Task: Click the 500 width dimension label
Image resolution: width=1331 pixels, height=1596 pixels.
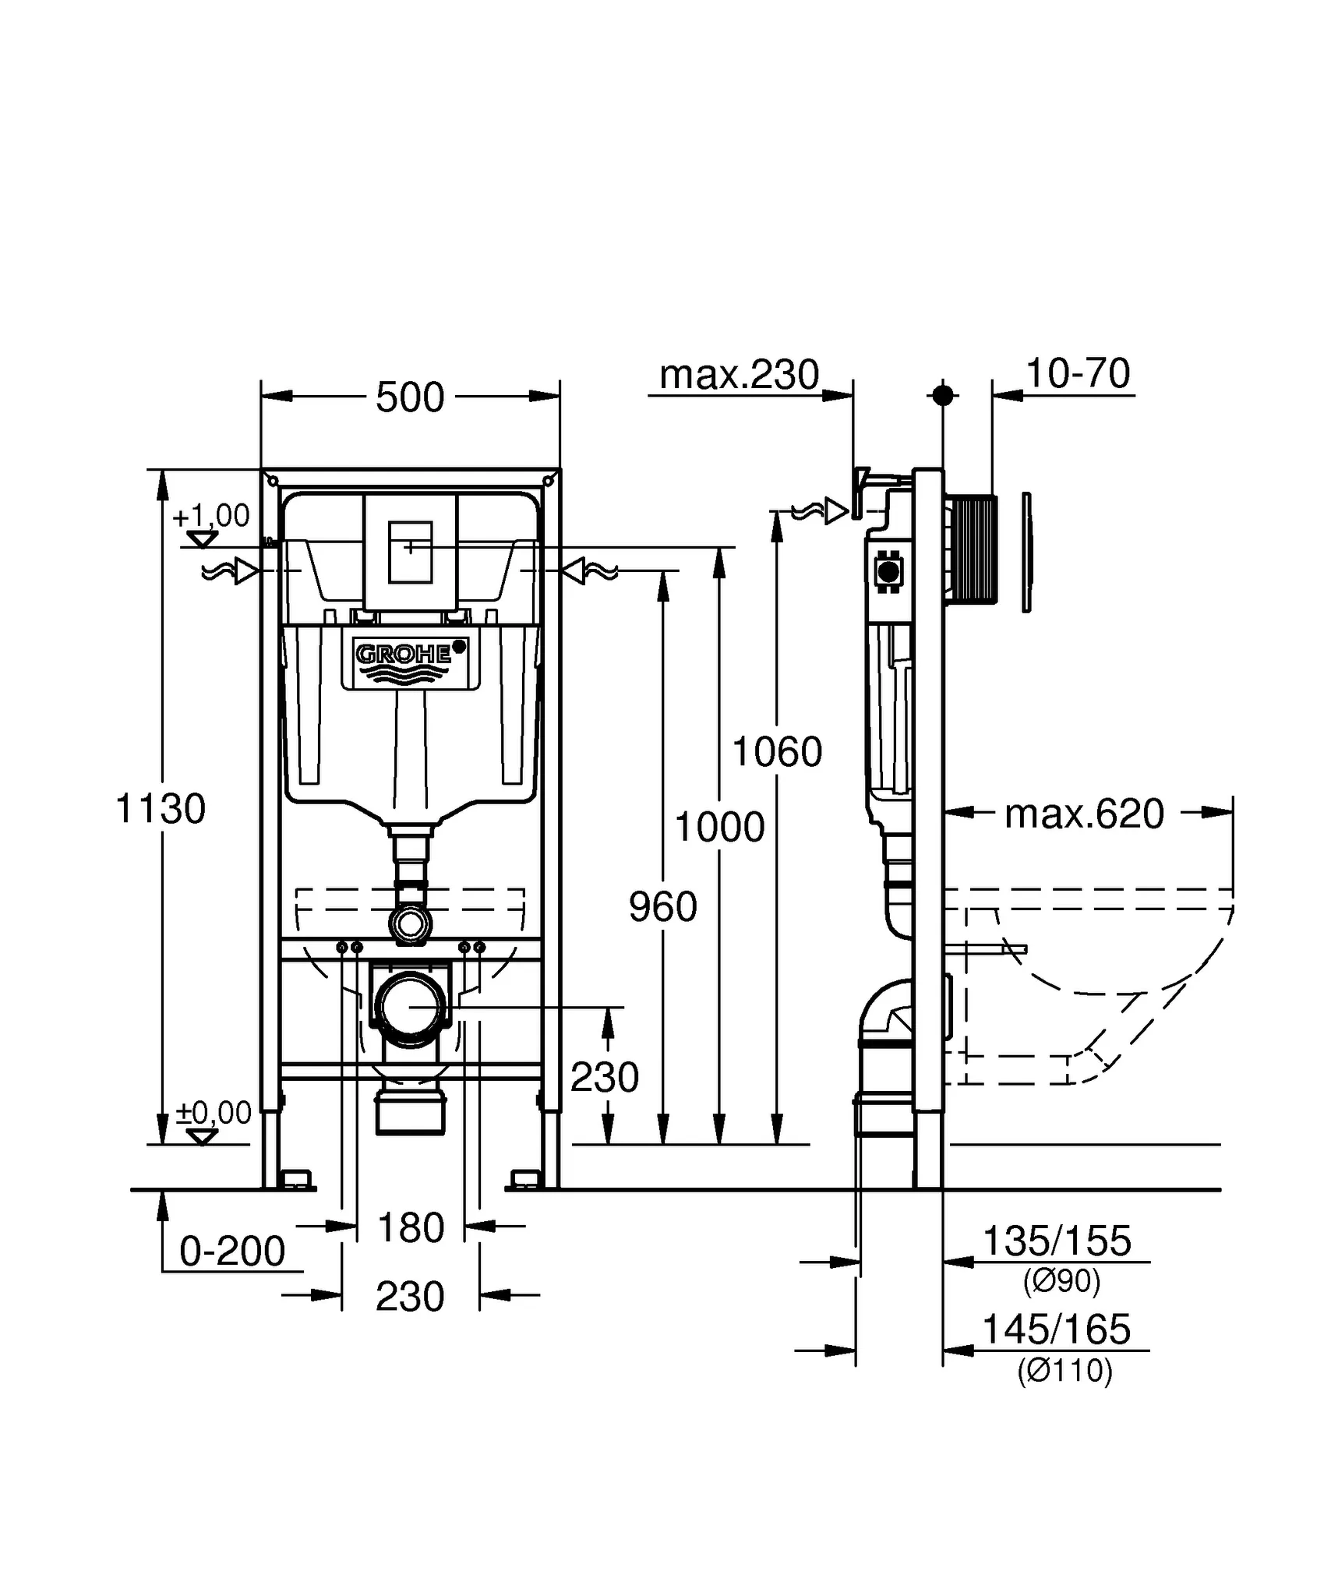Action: [x=410, y=397]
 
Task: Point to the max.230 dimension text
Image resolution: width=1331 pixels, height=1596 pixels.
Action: [x=739, y=375]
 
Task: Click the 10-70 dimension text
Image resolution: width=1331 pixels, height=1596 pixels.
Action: [x=1078, y=373]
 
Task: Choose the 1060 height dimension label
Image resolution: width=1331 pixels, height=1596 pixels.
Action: [x=777, y=752]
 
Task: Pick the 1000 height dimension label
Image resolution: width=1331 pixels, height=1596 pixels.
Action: [x=719, y=827]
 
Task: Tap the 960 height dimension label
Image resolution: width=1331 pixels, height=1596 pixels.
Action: [x=662, y=907]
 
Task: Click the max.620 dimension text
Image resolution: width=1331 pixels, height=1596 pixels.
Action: [x=1084, y=814]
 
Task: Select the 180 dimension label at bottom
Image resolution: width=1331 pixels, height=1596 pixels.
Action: [x=411, y=1228]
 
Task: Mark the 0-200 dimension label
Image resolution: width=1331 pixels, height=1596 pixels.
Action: [x=232, y=1252]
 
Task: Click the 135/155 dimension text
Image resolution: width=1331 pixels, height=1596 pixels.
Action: [x=1057, y=1241]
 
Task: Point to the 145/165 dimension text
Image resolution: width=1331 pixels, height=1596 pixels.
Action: [x=1057, y=1329]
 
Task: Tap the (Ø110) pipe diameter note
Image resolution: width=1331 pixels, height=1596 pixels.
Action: [x=1064, y=1370]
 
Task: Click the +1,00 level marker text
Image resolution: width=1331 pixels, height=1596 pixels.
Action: [x=211, y=515]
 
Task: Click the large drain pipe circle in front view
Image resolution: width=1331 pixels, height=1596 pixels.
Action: [x=411, y=1007]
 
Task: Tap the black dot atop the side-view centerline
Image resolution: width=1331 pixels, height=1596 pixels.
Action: [x=943, y=395]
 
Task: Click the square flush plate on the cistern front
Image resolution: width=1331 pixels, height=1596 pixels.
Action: [x=410, y=553]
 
